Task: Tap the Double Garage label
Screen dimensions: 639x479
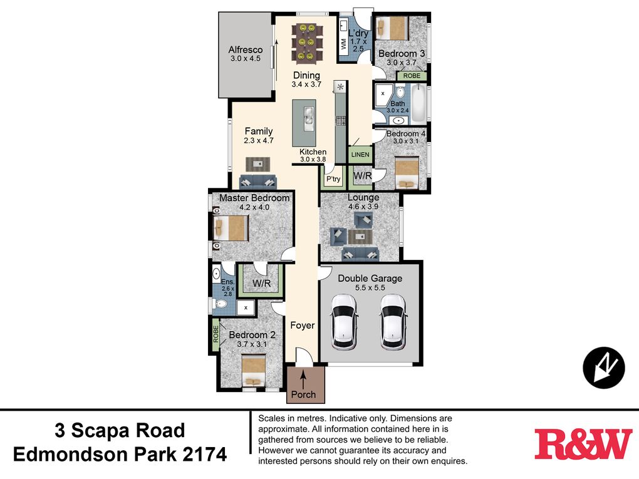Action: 370,278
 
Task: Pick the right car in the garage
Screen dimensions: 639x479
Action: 393,322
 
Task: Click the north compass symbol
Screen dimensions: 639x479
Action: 603,368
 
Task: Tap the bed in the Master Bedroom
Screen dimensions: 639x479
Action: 231,228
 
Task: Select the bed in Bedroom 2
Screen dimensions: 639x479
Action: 254,371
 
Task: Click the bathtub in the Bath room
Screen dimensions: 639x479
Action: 418,104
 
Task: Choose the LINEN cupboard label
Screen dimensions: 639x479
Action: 360,155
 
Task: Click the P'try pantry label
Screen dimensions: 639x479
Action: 333,179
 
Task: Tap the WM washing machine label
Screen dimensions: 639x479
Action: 343,44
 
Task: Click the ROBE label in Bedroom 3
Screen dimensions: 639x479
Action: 412,76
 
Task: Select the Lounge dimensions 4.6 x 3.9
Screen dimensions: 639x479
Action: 363,207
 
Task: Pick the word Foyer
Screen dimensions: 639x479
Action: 303,325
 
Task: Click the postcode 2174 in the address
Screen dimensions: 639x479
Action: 205,455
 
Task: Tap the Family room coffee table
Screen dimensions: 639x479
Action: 257,164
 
